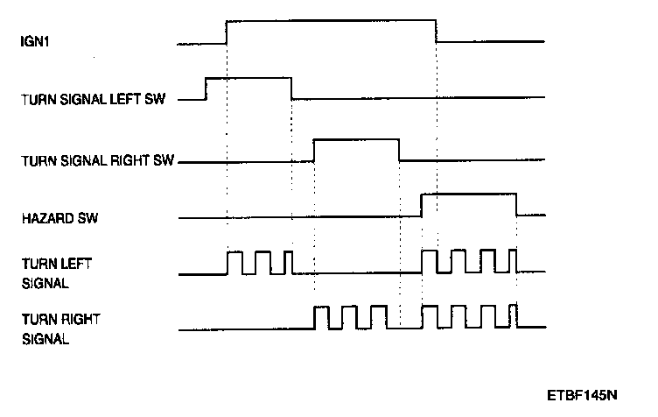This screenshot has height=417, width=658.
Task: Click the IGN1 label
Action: coord(33,40)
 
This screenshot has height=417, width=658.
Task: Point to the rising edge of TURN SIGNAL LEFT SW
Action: coord(206,88)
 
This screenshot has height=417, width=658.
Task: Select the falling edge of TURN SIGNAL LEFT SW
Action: coord(291,88)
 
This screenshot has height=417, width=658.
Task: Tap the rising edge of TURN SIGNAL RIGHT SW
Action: coord(314,150)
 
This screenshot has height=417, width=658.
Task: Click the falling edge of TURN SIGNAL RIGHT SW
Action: coord(399,150)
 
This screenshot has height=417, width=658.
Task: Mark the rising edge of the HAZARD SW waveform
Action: coord(422,205)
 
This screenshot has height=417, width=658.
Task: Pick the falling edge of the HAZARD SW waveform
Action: coord(516,205)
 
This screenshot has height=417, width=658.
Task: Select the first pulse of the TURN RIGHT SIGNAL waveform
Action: coord(321,307)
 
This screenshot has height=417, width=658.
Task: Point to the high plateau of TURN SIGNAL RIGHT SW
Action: coord(356,139)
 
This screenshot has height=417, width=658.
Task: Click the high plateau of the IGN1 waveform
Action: coord(332,20)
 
